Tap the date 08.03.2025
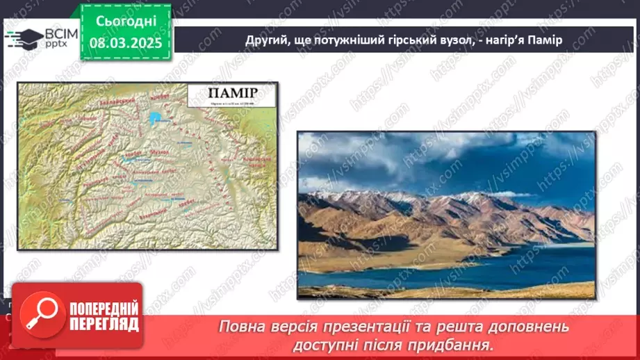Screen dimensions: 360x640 (x=125, y=43)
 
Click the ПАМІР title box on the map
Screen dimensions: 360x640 (x=233, y=97)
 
